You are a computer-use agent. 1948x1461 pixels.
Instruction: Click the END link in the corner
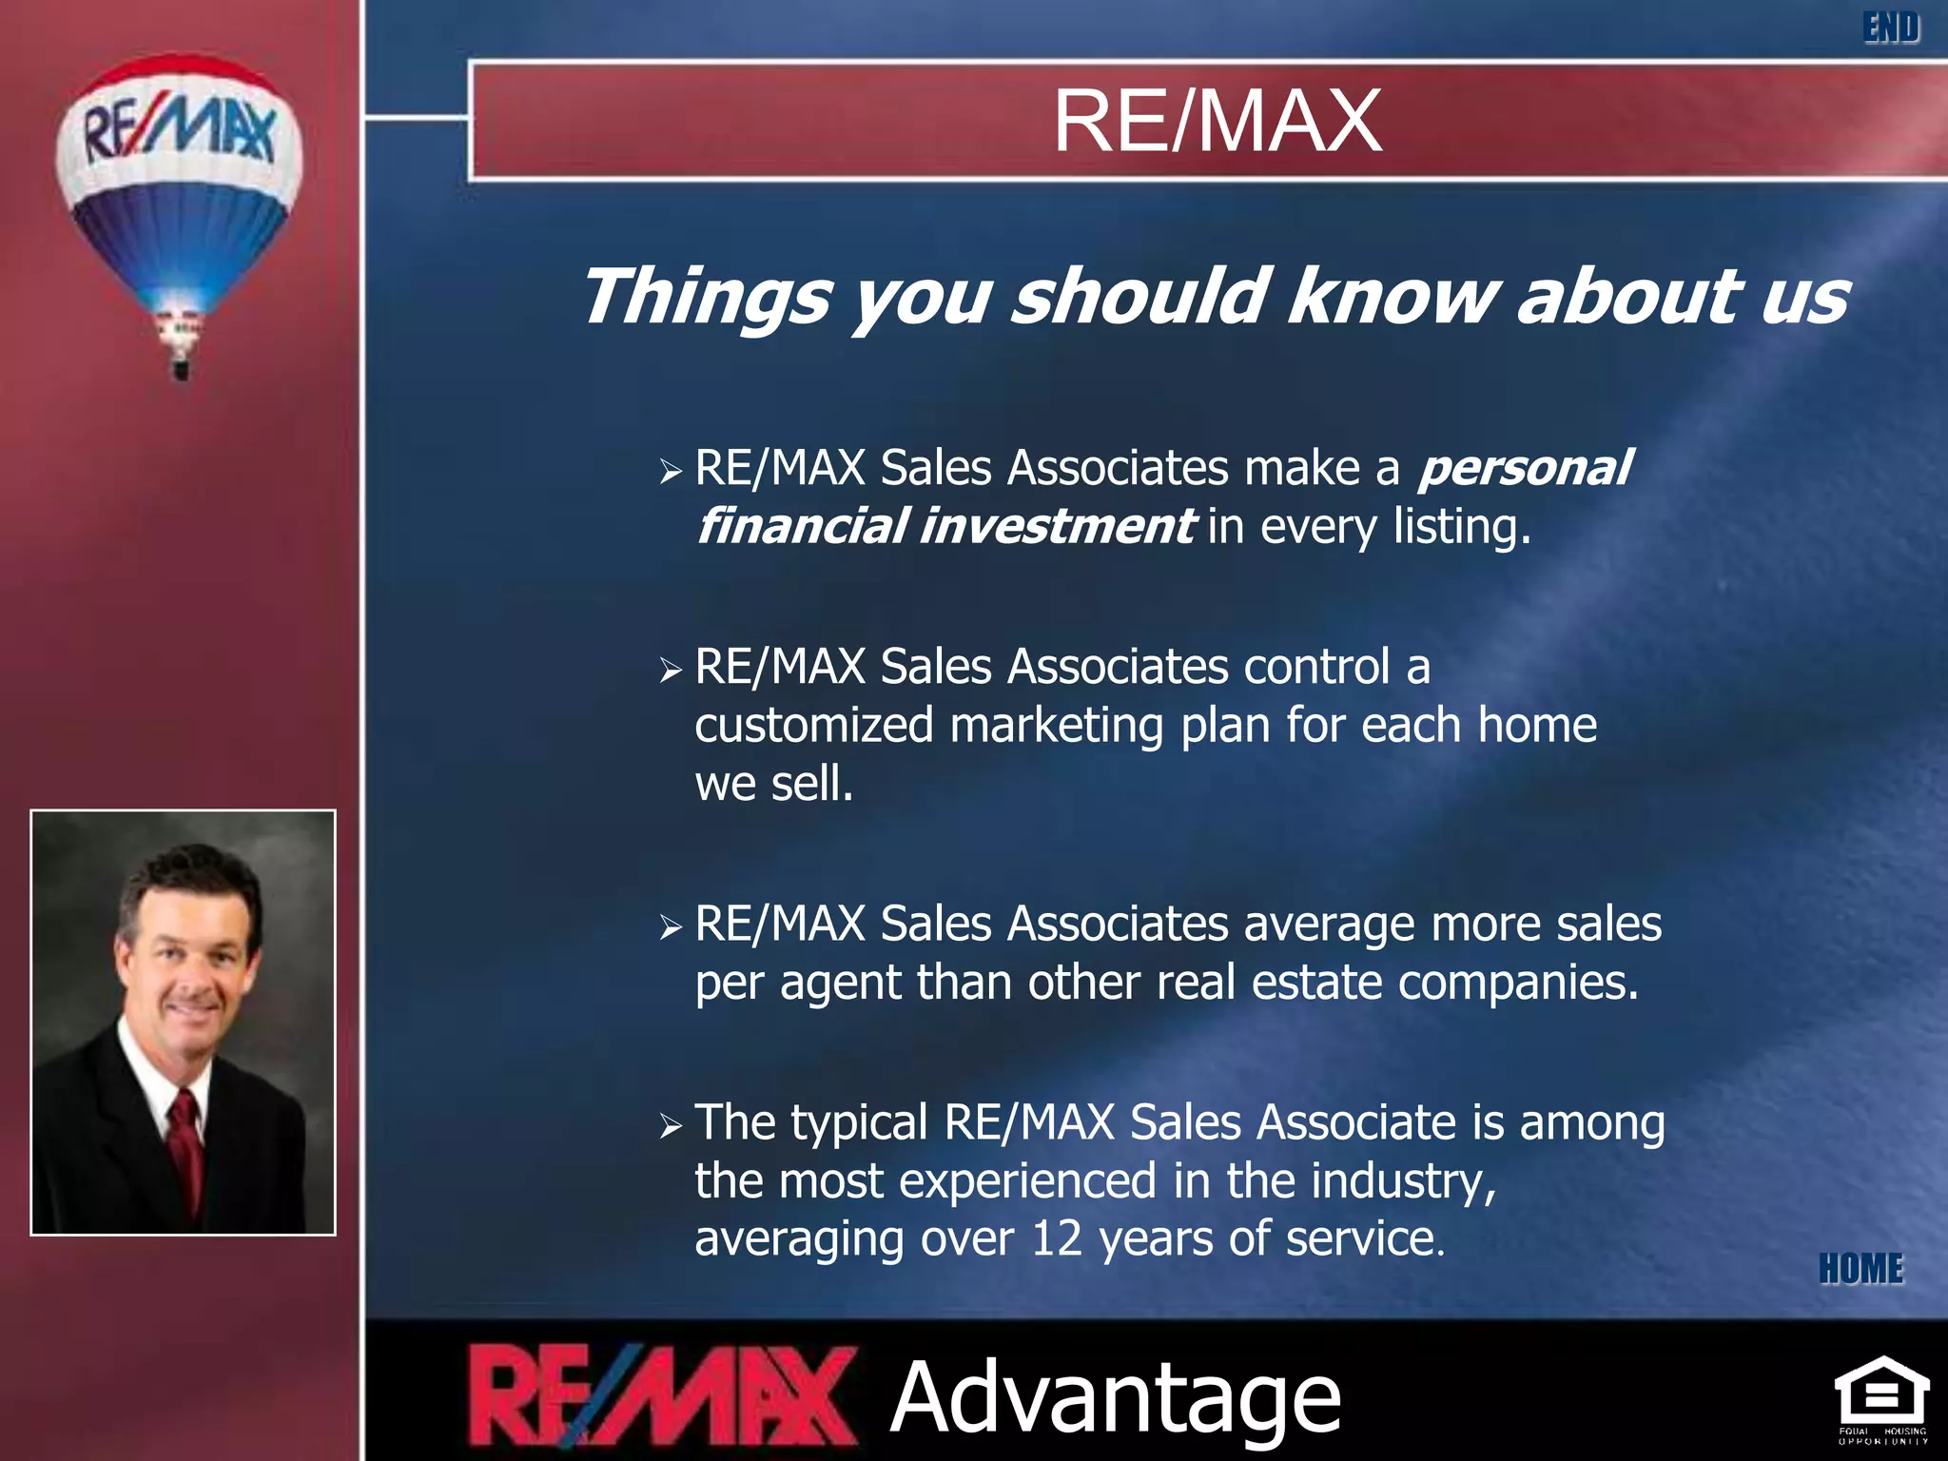pyautogui.click(x=1891, y=28)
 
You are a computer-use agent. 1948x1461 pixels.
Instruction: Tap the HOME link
pyautogui.click(x=1860, y=1269)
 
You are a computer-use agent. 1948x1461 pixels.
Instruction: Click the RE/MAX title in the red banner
pyautogui.click(x=1217, y=121)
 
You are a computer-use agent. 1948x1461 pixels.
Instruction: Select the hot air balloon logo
pyautogui.click(x=179, y=190)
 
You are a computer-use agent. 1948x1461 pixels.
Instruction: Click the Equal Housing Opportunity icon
pyautogui.click(x=1881, y=1398)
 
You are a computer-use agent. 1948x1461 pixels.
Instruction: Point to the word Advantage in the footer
pyautogui.click(x=1115, y=1397)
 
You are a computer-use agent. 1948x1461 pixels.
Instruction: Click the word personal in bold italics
pyautogui.click(x=1525, y=469)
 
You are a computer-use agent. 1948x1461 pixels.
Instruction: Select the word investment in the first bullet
pyautogui.click(x=1056, y=527)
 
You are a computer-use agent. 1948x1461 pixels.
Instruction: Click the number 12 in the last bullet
pyautogui.click(x=1057, y=1238)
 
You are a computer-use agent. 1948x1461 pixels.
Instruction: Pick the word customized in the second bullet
pyautogui.click(x=814, y=726)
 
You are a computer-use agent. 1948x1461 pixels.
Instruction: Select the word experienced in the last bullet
pyautogui.click(x=1027, y=1182)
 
